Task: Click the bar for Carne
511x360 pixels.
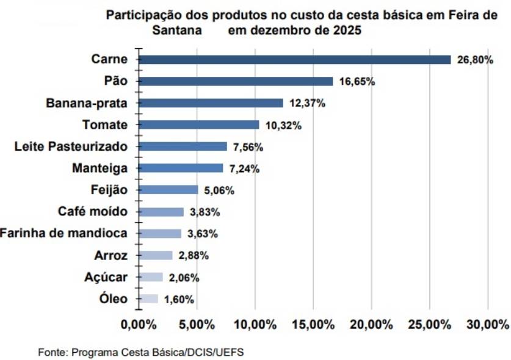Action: pyautogui.click(x=294, y=60)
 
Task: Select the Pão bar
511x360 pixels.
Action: pyautogui.click(x=236, y=82)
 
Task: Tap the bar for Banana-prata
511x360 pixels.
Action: pyautogui.click(x=211, y=103)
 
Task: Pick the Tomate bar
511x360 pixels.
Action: pyautogui.click(x=199, y=125)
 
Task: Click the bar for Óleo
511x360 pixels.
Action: pyautogui.click(x=148, y=299)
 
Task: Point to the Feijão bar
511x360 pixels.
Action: pyautogui.click(x=169, y=190)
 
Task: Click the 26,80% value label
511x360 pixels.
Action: pyautogui.click(x=475, y=60)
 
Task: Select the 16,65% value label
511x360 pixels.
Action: pyautogui.click(x=357, y=82)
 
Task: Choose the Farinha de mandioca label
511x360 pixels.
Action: pyautogui.click(x=63, y=234)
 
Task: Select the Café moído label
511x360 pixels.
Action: pyautogui.click(x=93, y=212)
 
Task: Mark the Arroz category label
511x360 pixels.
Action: pyautogui.click(x=111, y=256)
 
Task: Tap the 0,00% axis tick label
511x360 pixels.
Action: pyautogui.click(x=139, y=325)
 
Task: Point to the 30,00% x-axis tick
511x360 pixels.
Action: pyautogui.click(x=487, y=325)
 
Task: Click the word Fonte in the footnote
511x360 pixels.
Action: pyautogui.click(x=51, y=352)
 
